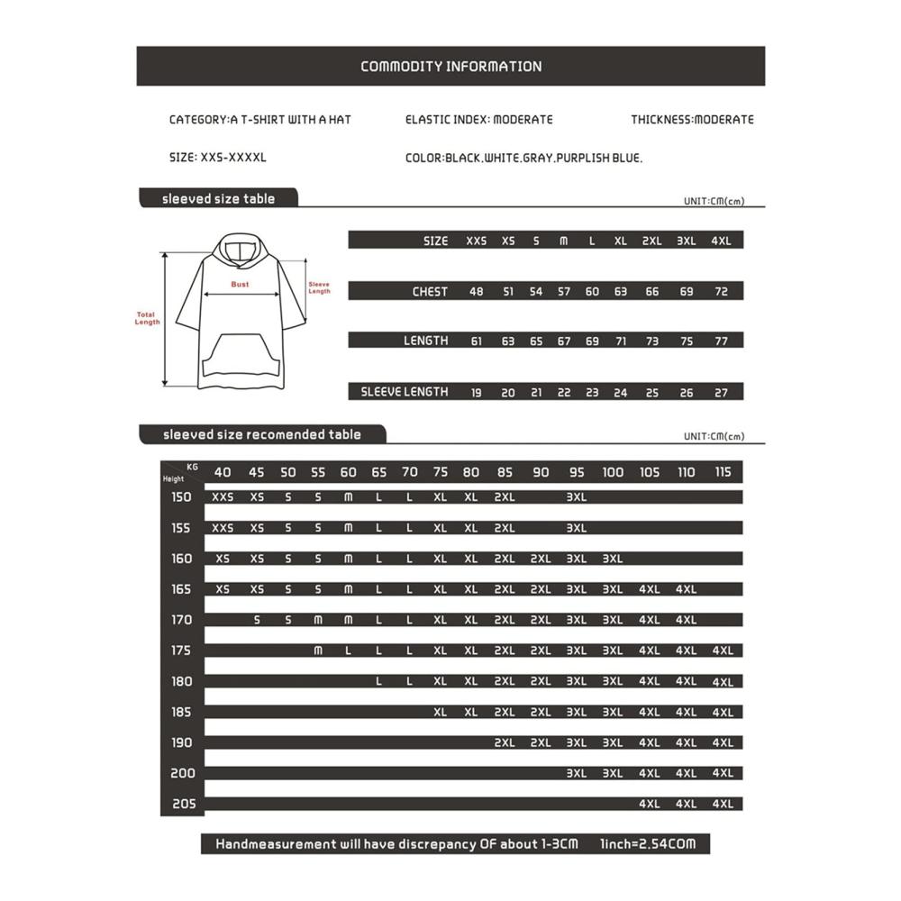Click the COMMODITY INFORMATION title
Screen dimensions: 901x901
(x=450, y=67)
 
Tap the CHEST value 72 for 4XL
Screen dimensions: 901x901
(x=721, y=292)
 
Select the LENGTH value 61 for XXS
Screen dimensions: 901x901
(x=476, y=341)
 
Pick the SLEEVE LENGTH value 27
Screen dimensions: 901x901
(x=721, y=393)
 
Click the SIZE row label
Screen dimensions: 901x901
(x=435, y=241)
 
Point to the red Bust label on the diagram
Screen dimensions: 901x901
(x=240, y=285)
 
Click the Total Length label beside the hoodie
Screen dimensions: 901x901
(x=147, y=319)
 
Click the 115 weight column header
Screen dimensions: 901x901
(x=723, y=472)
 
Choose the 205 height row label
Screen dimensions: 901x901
(x=182, y=804)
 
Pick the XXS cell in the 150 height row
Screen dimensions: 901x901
(x=223, y=496)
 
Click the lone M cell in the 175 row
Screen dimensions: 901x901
(x=317, y=651)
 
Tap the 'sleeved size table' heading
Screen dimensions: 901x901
(x=218, y=198)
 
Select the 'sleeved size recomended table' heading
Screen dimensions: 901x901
(x=261, y=434)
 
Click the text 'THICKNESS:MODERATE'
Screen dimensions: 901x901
(x=692, y=120)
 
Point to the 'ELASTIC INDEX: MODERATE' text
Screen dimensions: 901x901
(x=478, y=120)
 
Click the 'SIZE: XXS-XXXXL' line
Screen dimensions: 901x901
(x=217, y=158)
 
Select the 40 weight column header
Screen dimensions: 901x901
(x=223, y=472)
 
